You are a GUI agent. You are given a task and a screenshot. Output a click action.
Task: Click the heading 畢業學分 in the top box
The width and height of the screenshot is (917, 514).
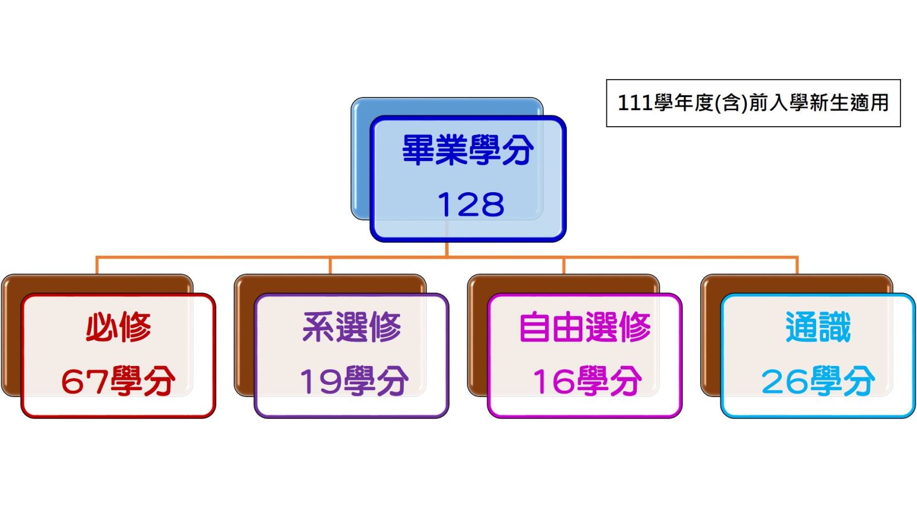(x=468, y=150)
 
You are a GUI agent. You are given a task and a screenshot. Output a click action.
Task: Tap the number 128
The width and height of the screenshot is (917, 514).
(x=471, y=205)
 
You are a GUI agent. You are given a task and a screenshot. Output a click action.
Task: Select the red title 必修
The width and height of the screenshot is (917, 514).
(x=118, y=326)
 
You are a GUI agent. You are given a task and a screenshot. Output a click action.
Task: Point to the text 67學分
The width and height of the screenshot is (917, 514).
(x=118, y=381)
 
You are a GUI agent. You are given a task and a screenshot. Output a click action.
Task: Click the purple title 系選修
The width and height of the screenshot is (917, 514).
(x=352, y=326)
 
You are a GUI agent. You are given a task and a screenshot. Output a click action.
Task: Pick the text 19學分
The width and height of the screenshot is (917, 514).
(x=354, y=381)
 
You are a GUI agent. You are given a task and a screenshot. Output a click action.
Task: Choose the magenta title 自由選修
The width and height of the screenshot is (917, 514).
(x=585, y=326)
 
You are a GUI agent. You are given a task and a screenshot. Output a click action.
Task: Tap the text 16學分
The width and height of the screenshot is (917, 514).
(x=587, y=381)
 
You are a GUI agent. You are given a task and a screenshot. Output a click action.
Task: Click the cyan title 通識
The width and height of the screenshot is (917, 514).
(x=818, y=326)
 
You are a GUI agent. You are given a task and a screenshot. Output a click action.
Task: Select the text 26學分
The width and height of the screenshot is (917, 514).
(x=818, y=381)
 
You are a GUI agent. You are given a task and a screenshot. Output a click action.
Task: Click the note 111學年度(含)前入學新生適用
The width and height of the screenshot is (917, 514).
(x=753, y=103)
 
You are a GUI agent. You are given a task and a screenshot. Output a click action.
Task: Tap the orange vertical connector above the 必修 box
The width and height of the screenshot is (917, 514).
(x=97, y=266)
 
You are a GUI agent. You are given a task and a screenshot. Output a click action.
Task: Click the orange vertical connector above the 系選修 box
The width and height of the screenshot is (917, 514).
(x=330, y=266)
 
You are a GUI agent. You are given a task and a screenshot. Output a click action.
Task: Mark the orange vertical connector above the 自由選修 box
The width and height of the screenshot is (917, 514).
(x=564, y=266)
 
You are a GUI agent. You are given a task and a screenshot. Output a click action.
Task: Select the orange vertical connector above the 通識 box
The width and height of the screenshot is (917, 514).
(x=797, y=266)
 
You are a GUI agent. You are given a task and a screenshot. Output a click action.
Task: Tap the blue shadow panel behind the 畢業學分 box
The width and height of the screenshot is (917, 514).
(x=360, y=160)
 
